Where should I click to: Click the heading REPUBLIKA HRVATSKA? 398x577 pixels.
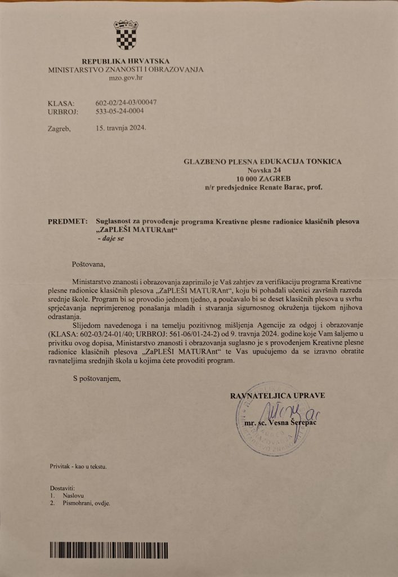click(x=125, y=61)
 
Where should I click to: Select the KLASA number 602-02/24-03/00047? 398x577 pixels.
click(x=126, y=103)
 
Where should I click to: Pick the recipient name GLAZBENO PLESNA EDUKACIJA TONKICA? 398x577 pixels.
click(x=263, y=162)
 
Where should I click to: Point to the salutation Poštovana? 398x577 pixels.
click(x=89, y=263)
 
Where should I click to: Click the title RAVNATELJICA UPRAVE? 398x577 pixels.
click(x=278, y=396)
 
